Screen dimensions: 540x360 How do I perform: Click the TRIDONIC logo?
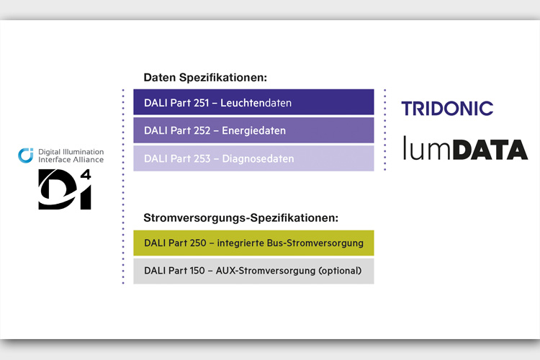pos(447,108)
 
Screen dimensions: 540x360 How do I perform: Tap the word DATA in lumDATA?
pos(490,150)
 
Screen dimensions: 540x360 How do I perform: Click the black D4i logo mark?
pos(64,189)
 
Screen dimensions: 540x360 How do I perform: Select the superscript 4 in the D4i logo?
pos(86,174)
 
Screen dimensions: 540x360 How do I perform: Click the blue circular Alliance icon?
pos(26,156)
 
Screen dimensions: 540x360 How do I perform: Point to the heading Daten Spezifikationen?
pos(205,78)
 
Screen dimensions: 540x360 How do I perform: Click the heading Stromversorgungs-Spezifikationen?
pos(240,217)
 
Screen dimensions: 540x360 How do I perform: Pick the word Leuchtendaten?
pos(256,103)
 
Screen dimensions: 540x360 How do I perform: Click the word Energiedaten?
pos(254,130)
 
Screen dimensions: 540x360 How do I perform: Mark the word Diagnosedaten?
pos(258,159)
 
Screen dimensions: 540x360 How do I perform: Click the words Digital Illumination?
pos(71,152)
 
